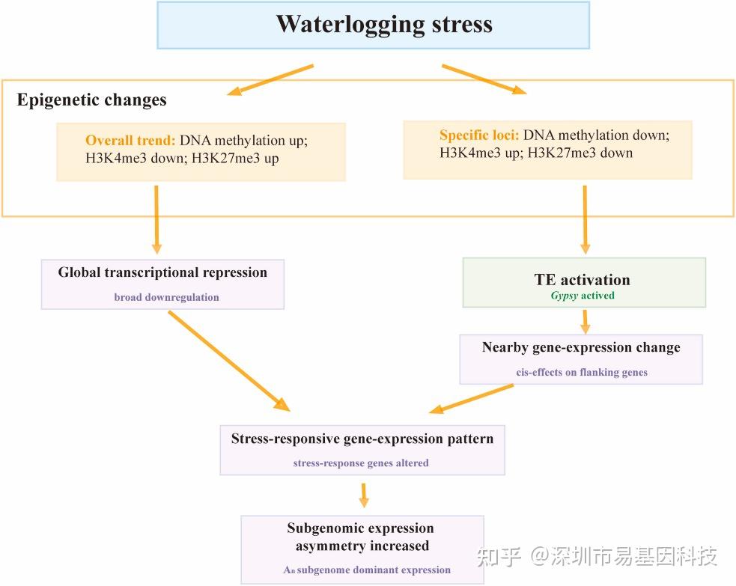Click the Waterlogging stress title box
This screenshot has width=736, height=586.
pyautogui.click(x=373, y=25)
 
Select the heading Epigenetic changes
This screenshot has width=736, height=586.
pyautogui.click(x=91, y=100)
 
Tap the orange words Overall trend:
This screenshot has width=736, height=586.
pyautogui.click(x=130, y=140)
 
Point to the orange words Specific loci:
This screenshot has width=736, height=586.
pyautogui.click(x=479, y=135)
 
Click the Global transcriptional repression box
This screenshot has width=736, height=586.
pyautogui.click(x=162, y=284)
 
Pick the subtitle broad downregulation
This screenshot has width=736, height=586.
pyautogui.click(x=167, y=297)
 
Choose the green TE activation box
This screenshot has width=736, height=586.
pyautogui.click(x=584, y=282)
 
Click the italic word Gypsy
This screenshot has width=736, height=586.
pyautogui.click(x=565, y=296)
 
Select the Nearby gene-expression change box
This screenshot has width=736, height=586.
pyautogui.click(x=581, y=359)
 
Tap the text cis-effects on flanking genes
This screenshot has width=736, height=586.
pyautogui.click(x=582, y=372)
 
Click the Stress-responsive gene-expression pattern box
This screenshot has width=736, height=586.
pyautogui.click(x=362, y=450)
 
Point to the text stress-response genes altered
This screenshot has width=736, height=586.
pyautogui.click(x=361, y=463)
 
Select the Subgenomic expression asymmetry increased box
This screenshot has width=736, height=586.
pyautogui.click(x=362, y=549)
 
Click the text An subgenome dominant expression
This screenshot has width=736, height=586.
pyautogui.click(x=367, y=570)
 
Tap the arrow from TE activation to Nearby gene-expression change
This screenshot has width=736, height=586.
pyautogui.click(x=585, y=321)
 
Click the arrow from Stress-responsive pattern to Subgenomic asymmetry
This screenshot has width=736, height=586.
pyautogui.click(x=363, y=495)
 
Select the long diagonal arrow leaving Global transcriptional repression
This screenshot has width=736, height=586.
pyautogui.click(x=229, y=361)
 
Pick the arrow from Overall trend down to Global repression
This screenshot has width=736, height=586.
pyautogui.click(x=156, y=219)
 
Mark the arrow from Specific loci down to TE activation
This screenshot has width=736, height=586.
pyautogui.click(x=585, y=219)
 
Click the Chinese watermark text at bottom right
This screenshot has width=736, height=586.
pyautogui.click(x=597, y=557)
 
